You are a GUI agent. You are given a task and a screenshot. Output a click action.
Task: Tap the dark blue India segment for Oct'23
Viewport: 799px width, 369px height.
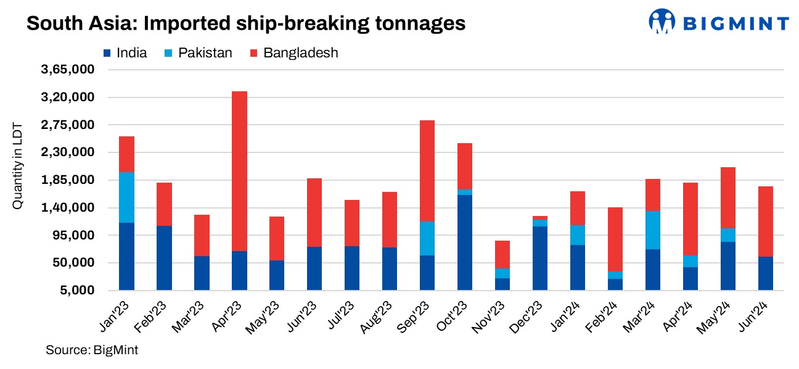(465, 243)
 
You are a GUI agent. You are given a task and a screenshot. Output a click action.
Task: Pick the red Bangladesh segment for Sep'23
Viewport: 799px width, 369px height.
(427, 171)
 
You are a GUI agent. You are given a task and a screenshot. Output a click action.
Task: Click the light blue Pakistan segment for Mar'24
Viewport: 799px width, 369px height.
(653, 230)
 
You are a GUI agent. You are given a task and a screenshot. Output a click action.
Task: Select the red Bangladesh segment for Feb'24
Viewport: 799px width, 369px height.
(615, 239)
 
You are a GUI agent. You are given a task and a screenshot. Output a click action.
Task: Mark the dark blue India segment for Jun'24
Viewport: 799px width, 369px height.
(766, 273)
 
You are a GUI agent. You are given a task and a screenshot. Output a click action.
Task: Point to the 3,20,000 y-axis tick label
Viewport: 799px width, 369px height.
(67, 97)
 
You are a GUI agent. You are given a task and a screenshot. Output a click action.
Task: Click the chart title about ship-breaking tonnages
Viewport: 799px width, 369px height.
(245, 23)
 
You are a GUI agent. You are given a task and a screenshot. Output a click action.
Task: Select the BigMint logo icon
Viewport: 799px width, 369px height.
(662, 21)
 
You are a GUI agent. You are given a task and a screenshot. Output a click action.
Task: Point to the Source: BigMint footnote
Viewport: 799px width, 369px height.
(92, 350)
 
